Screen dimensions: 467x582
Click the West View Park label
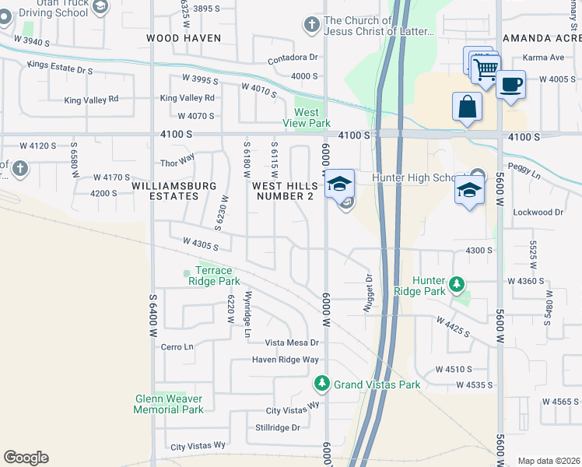[311, 118]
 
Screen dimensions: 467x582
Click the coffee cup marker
[510, 85]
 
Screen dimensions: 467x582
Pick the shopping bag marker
[468, 107]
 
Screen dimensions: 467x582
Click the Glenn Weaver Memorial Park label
[169, 404]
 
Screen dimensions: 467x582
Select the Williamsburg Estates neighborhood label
[174, 191]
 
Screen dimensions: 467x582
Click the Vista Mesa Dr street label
[293, 342]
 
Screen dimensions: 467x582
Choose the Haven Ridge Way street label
[285, 360]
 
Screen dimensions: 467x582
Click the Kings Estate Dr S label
[59, 68]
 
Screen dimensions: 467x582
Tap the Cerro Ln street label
[176, 347]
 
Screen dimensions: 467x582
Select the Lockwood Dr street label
[538, 212]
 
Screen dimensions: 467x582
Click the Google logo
[26, 458]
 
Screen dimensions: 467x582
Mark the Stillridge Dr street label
[277, 427]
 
